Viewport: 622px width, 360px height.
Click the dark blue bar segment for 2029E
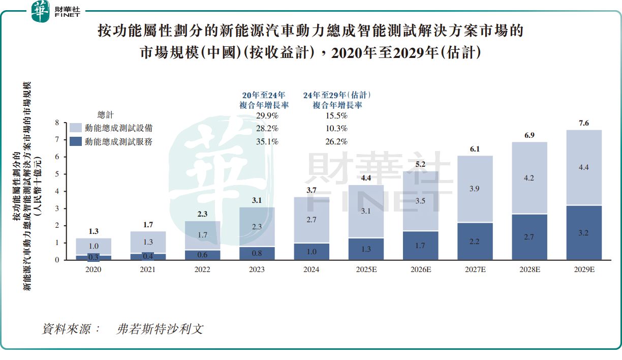click(x=584, y=232)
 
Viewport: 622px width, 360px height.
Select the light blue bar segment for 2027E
click(x=475, y=189)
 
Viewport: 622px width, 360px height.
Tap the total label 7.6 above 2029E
click(x=584, y=123)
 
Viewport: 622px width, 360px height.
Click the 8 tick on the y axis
click(x=57, y=123)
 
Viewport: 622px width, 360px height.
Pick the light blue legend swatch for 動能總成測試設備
click(x=76, y=128)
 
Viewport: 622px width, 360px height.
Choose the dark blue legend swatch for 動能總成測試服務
click(x=76, y=142)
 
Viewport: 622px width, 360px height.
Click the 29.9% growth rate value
click(x=267, y=115)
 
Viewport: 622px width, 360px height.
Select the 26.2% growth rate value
click(x=336, y=142)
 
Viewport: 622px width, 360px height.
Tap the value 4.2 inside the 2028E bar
click(x=530, y=178)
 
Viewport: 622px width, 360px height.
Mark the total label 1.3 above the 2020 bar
click(x=94, y=231)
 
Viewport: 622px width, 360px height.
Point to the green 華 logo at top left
click(x=41, y=11)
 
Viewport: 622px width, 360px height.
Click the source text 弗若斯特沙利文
click(x=160, y=329)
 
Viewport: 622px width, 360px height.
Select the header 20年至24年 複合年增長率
click(x=264, y=100)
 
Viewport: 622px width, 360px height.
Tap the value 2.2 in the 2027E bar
click(x=475, y=242)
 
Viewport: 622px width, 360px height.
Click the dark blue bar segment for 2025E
click(x=366, y=249)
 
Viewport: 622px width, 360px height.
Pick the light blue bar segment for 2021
click(x=147, y=242)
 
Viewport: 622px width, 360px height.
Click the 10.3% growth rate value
click(x=336, y=129)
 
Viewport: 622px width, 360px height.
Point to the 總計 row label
click(x=106, y=115)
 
